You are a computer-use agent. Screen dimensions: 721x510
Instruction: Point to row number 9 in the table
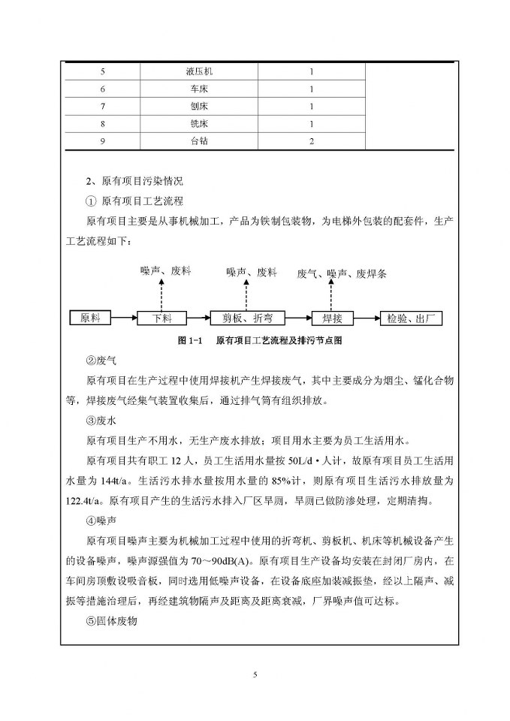click(103, 141)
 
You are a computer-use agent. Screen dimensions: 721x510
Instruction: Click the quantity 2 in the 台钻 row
click(311, 141)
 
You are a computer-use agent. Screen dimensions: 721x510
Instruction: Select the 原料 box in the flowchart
click(90, 318)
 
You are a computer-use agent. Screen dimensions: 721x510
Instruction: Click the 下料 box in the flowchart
click(161, 318)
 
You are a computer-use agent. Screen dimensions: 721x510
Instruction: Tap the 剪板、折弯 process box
click(242, 318)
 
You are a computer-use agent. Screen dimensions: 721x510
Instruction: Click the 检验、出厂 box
click(411, 318)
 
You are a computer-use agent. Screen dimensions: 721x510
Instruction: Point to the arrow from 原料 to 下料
click(124, 318)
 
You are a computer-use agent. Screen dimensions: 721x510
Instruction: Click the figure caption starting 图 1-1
click(260, 340)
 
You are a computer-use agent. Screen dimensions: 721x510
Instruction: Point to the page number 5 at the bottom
click(255, 674)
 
